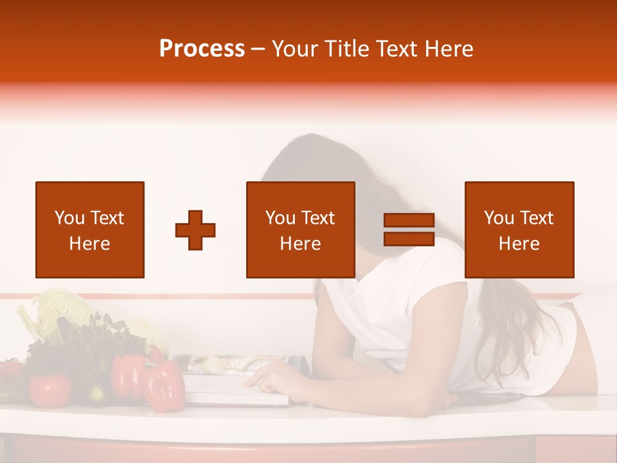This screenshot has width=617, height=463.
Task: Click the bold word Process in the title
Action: pos(202,49)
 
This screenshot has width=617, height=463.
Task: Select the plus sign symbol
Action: pos(195,230)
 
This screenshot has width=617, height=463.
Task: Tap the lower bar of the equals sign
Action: pos(409,239)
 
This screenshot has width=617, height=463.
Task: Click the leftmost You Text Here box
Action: pos(90,230)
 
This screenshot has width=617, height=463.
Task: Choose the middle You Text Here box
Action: pos(300,230)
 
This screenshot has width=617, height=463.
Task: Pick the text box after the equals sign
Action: pos(519,230)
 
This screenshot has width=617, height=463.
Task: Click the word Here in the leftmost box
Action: pos(89,244)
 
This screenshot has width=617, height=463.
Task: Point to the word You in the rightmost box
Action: pos(499,218)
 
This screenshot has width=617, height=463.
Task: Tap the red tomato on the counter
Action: pos(49,389)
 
